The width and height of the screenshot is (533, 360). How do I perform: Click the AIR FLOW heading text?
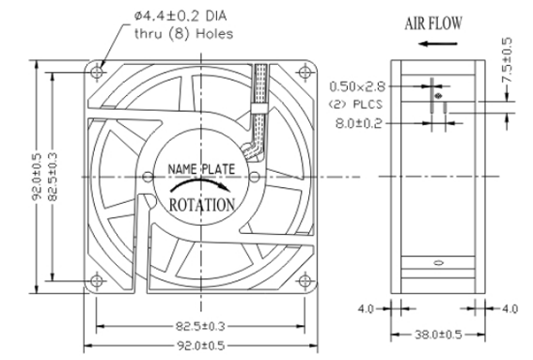pyautogui.click(x=433, y=23)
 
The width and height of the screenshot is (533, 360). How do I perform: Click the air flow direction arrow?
pyautogui.click(x=438, y=43)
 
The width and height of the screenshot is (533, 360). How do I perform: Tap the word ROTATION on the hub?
pyautogui.click(x=202, y=205)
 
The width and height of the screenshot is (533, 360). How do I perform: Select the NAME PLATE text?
pyautogui.click(x=201, y=169)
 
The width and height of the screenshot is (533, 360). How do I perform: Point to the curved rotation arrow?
pyautogui.click(x=200, y=183)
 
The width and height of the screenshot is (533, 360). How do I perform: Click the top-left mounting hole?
pyautogui.click(x=98, y=72)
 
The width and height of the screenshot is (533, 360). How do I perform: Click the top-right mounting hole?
pyautogui.click(x=305, y=72)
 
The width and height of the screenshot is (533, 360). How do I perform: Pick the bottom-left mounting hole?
pyautogui.click(x=97, y=281)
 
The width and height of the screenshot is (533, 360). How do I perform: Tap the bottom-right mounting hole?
pyautogui.click(x=305, y=281)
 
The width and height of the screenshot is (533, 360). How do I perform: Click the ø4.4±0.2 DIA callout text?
pyautogui.click(x=180, y=16)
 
